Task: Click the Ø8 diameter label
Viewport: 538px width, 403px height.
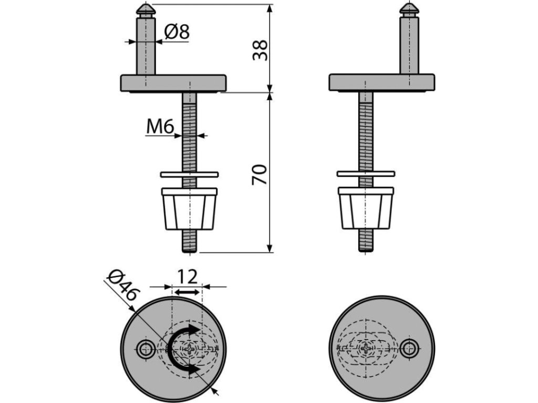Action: (x=175, y=33)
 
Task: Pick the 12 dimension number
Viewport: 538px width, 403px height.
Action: (x=187, y=276)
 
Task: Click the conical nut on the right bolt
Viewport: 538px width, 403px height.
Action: (x=366, y=208)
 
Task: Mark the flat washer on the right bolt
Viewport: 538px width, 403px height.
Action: (x=366, y=173)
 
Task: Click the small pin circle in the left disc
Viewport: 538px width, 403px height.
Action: (x=145, y=347)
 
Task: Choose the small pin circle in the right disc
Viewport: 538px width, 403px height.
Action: (x=409, y=347)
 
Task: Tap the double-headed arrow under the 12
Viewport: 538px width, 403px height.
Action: (x=187, y=292)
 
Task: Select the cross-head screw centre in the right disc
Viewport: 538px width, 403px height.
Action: (x=366, y=347)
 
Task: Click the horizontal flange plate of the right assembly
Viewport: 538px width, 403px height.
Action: (x=382, y=82)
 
